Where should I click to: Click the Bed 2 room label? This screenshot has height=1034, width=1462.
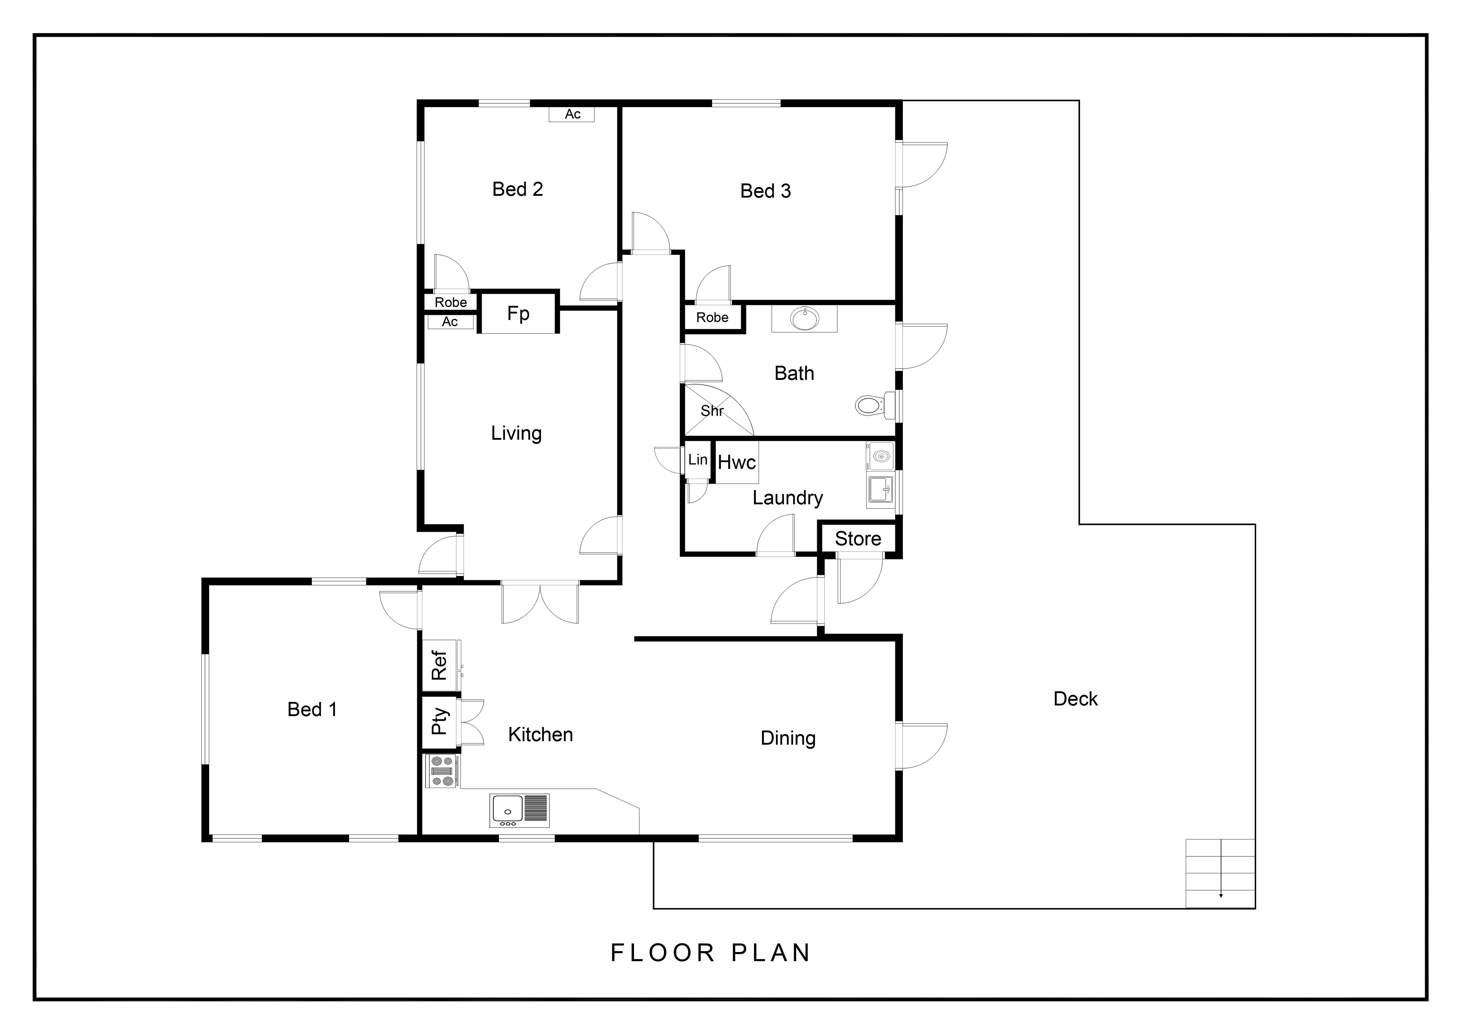[x=518, y=189]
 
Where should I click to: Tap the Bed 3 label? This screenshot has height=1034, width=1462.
[x=766, y=191]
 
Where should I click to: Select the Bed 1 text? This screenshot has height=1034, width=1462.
[x=312, y=709]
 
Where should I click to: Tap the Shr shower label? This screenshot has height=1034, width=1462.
[x=712, y=411]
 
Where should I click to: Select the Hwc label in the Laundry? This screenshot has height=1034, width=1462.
[x=737, y=462]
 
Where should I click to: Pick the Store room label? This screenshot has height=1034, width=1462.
[x=858, y=539]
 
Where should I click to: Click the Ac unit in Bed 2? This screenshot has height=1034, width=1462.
[x=572, y=114]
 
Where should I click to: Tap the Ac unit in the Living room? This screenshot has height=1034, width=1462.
[x=450, y=321]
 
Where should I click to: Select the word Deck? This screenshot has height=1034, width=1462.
[x=1075, y=698]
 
